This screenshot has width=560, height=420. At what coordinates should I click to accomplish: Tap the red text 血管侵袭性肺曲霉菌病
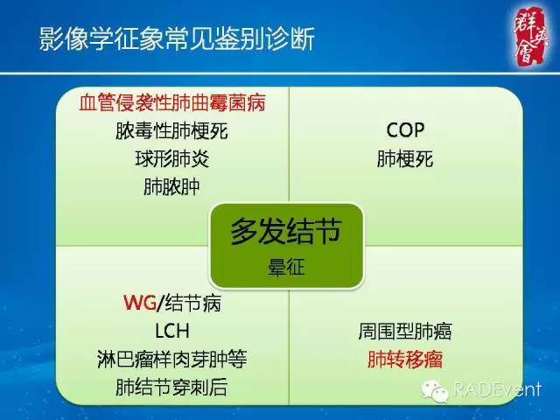pos(171,103)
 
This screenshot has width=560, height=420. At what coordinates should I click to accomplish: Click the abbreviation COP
pos(405,130)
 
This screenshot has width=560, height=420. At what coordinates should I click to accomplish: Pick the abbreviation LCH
pos(171,332)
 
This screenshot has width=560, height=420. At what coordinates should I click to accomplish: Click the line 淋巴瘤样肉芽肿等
pos(171,359)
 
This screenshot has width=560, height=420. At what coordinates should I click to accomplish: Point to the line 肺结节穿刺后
pos(171,387)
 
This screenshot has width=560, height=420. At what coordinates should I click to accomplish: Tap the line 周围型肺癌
pos(405,332)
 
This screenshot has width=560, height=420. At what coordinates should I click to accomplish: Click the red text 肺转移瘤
pos(405,360)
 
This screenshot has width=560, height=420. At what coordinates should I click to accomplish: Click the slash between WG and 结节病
pos(157,304)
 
